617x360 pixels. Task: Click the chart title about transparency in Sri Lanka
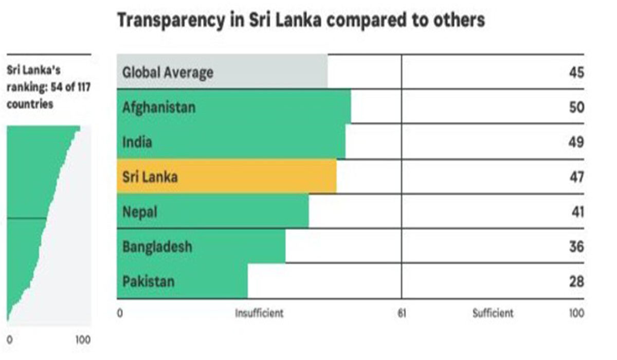(x=301, y=21)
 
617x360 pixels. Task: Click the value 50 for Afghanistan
(x=576, y=107)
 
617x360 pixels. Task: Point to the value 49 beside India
(x=576, y=142)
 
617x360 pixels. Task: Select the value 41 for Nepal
(x=576, y=211)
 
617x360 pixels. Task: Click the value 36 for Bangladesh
(x=576, y=246)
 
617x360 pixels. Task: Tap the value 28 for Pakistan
(x=576, y=281)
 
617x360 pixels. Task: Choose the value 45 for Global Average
(x=576, y=72)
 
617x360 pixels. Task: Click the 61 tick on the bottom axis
(x=402, y=313)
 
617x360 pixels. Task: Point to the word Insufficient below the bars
(x=259, y=313)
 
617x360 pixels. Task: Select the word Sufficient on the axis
(x=493, y=313)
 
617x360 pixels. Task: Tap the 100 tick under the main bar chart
(x=576, y=313)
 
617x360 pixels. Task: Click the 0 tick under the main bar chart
(x=120, y=313)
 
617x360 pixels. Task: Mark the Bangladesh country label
(x=157, y=246)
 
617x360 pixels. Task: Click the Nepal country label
(x=139, y=211)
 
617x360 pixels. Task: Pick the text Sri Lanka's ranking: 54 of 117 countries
(x=48, y=86)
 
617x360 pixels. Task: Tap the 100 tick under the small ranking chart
(x=83, y=340)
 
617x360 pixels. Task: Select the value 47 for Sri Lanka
(x=576, y=177)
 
